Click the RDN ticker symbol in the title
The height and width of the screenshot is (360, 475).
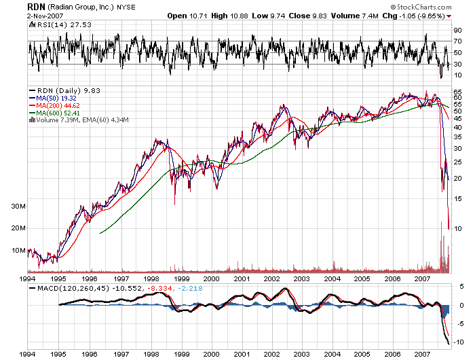36,6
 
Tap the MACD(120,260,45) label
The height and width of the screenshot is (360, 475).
65,289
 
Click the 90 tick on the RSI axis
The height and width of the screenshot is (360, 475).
458,30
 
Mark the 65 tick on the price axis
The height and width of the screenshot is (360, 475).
458,91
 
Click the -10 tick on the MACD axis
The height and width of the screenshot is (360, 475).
459,340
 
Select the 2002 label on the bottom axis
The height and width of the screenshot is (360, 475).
271,355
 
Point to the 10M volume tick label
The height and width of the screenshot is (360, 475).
19,251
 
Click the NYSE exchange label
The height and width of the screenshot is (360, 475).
126,7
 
